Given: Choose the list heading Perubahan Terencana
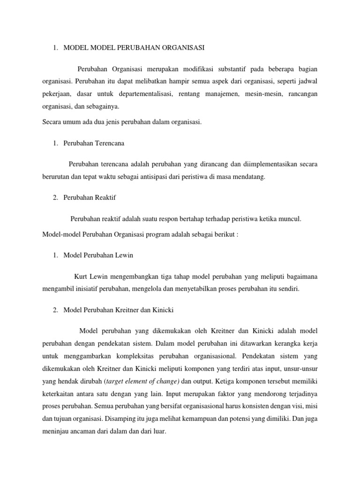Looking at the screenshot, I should [94, 143].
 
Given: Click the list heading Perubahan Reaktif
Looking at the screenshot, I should [90, 197].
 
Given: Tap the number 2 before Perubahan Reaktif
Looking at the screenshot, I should [55, 197].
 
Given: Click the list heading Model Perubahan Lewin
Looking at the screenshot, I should [98, 255].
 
